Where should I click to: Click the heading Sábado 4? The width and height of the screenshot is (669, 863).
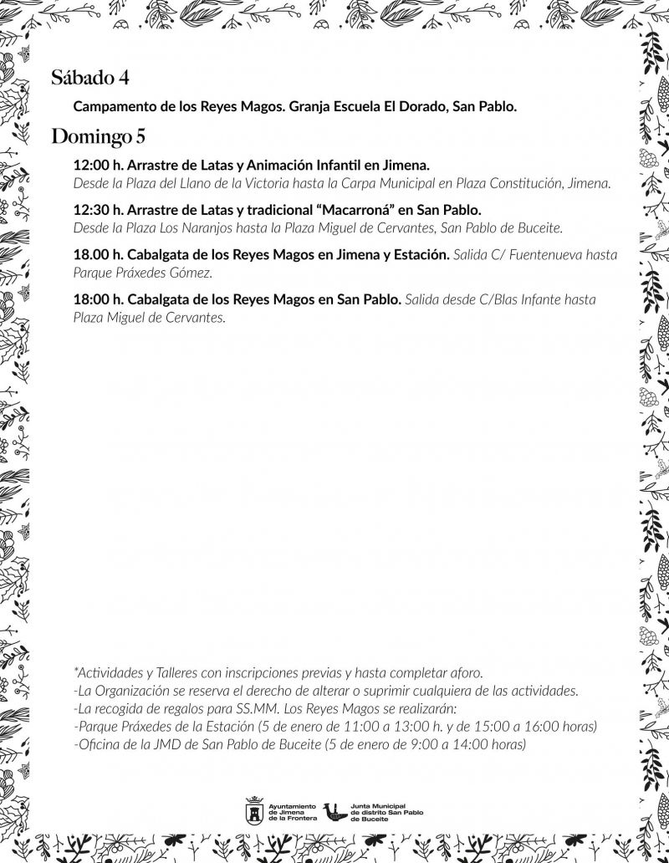pyautogui.click(x=89, y=79)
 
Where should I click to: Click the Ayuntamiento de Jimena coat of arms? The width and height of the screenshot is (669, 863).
pyautogui.click(x=253, y=810)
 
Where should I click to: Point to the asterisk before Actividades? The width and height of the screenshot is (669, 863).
pyautogui.click(x=75, y=672)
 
